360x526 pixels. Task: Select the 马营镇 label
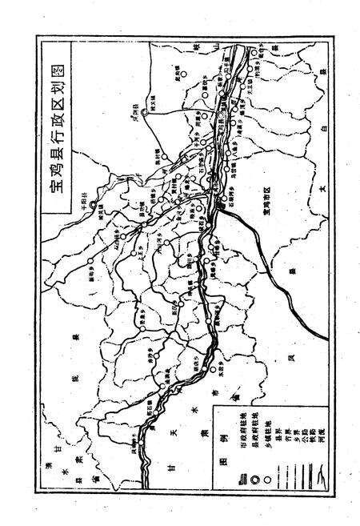[234, 153]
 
